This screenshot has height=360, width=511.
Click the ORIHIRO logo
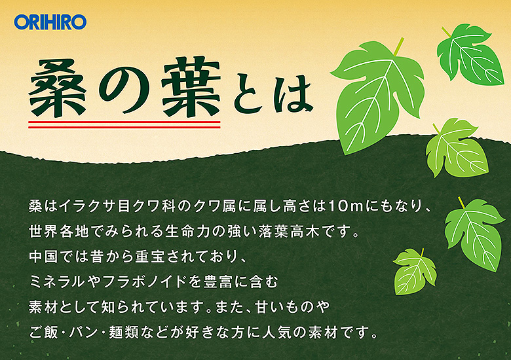(x=50, y=22)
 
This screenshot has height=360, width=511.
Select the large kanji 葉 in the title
(x=191, y=87)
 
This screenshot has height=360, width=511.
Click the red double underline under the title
(x=124, y=124)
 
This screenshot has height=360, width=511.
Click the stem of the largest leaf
(x=398, y=46)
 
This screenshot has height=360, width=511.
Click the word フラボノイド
(x=144, y=281)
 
